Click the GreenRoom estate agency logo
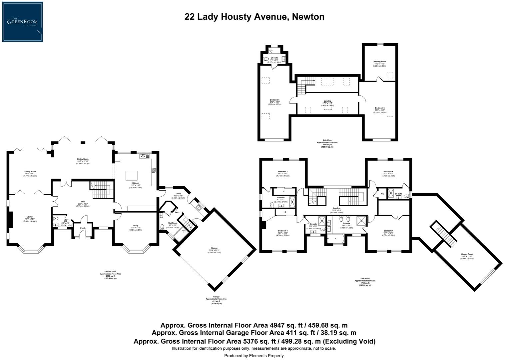point(23,22)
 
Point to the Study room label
point(135,226)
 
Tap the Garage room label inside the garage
point(214,248)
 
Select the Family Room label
point(30,172)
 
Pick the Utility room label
point(178,194)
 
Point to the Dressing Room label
point(379,62)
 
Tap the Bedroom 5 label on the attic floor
point(274,100)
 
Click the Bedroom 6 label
point(379,108)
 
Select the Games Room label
point(467,254)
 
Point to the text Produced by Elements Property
point(254,356)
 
